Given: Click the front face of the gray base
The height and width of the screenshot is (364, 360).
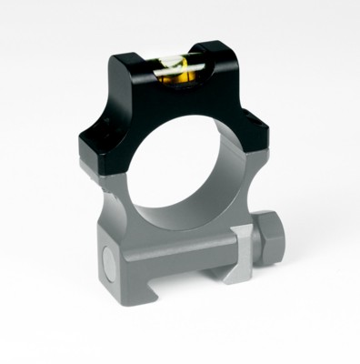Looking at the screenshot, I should (x=164, y=273).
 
